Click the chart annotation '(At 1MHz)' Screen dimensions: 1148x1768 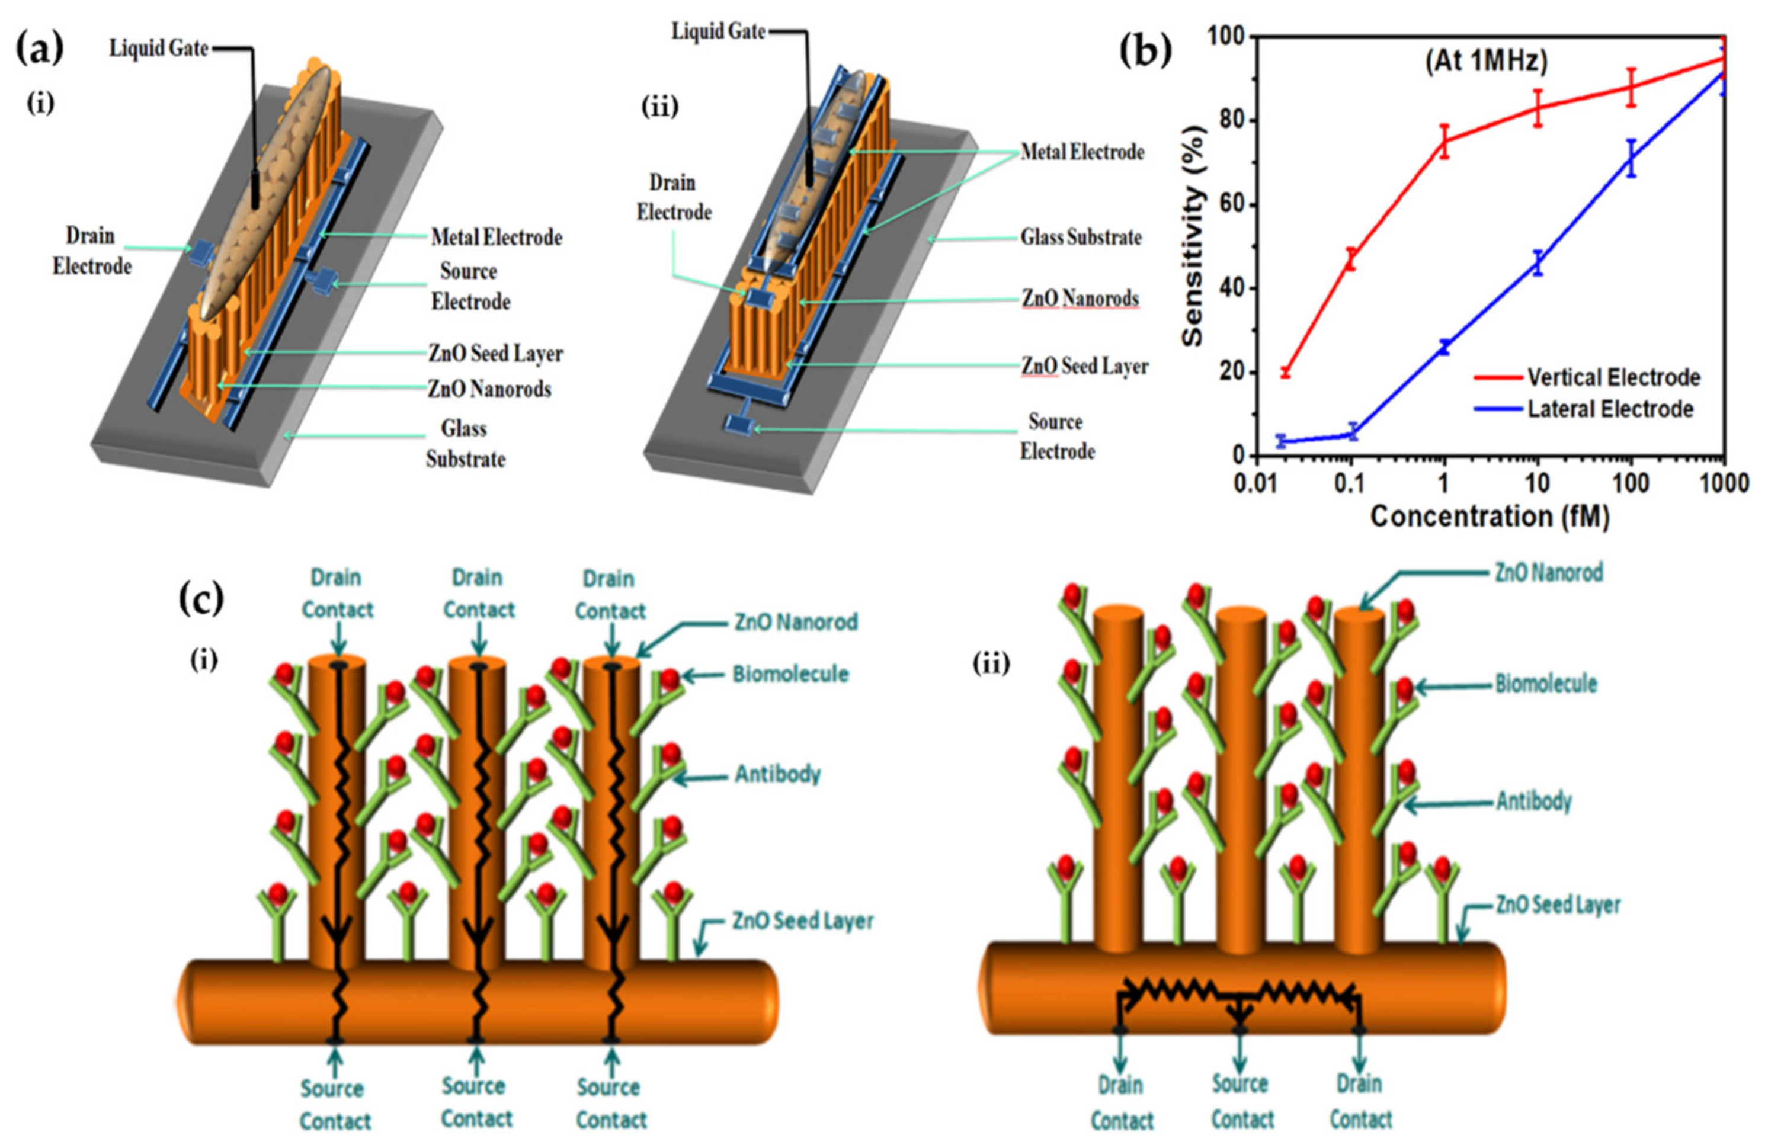[x=1487, y=62]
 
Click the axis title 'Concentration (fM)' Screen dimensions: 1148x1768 [x=1490, y=516]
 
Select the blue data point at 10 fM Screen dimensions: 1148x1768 [x=1538, y=263]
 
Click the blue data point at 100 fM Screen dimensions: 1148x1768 [x=1631, y=158]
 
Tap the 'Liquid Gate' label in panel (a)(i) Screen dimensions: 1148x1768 [x=158, y=49]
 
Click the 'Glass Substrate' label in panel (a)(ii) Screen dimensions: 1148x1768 [x=1081, y=238]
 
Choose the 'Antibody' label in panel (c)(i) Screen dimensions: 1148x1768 [x=777, y=774]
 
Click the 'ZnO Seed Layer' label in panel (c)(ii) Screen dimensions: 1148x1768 [x=1557, y=905]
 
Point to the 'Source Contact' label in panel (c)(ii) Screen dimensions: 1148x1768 [x=1241, y=1102]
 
